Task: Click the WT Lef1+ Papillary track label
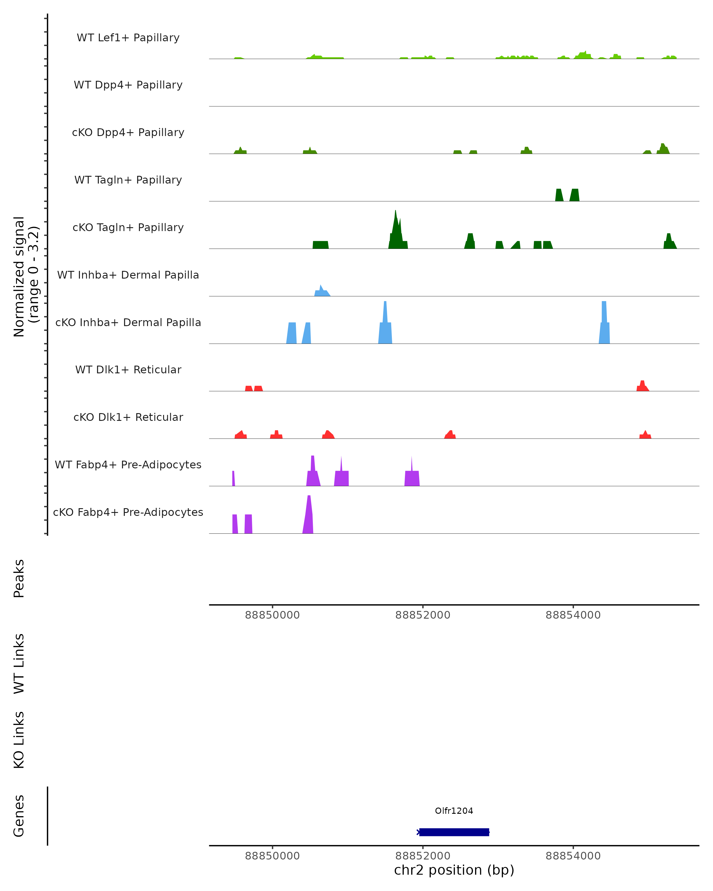[128, 38]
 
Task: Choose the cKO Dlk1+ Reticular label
[128, 417]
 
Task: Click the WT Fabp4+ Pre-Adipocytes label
[128, 465]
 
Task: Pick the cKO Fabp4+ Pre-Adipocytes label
[128, 512]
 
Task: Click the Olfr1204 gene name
[454, 811]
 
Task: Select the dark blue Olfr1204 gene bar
[454, 832]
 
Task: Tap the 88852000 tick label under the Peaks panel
[422, 615]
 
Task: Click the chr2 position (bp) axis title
[454, 870]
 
